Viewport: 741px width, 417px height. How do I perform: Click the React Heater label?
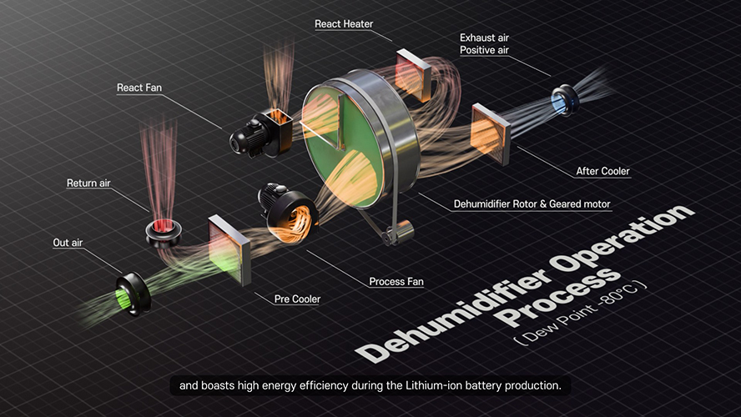344,23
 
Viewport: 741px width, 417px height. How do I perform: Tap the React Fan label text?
139,88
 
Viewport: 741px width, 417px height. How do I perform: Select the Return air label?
88,183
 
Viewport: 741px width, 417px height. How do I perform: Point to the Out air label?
68,242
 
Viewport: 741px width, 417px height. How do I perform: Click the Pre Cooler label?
297,299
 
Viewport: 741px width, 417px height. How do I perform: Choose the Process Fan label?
396,281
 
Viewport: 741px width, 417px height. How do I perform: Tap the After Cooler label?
602,171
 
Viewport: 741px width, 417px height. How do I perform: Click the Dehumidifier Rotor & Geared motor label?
532,204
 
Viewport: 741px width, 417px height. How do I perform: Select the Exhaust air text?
484,38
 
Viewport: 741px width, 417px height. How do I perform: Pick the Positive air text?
484,50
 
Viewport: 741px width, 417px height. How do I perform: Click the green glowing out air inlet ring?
133,294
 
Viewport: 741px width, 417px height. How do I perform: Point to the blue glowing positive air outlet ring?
564,99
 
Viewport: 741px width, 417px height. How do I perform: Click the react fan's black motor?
247,137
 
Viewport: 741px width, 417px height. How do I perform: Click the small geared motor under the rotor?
400,233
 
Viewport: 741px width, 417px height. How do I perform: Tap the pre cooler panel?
229,249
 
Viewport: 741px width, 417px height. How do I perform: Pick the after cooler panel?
491,133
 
